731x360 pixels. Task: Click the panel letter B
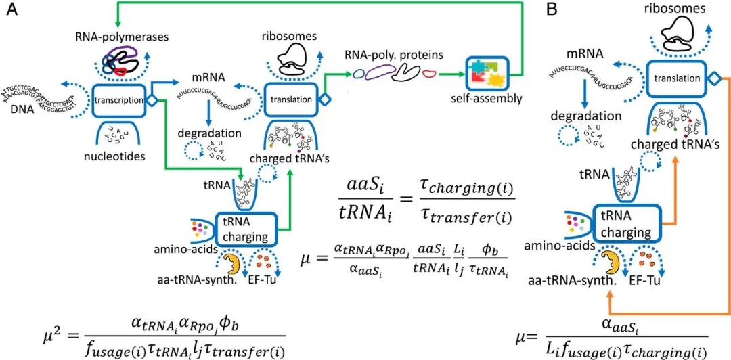coord(552,11)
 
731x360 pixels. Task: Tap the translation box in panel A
coord(290,99)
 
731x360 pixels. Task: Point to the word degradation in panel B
coord(584,117)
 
